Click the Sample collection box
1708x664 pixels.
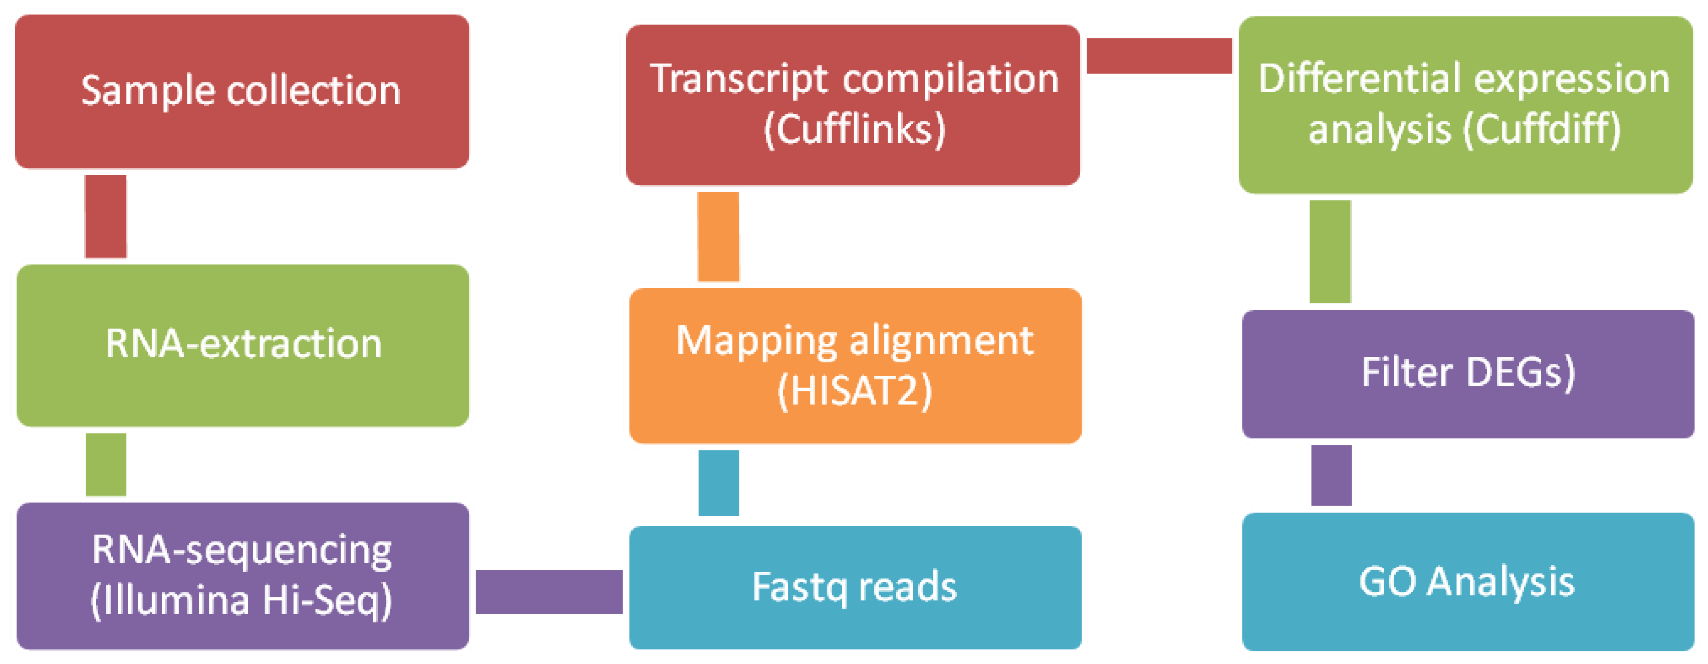[242, 91]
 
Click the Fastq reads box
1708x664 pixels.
[855, 587]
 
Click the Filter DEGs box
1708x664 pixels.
[1467, 373]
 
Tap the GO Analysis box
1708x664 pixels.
[1467, 582]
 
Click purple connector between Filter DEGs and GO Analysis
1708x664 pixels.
[1331, 475]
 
